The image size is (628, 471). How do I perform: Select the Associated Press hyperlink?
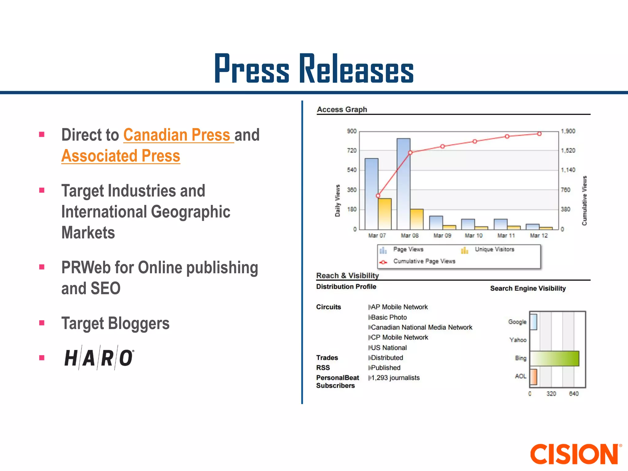pyautogui.click(x=121, y=156)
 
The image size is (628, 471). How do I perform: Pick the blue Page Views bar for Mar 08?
pyautogui.click(x=403, y=184)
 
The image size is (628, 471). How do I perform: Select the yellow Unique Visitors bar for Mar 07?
pyautogui.click(x=385, y=214)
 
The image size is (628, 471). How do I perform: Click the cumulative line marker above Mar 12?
pyautogui.click(x=539, y=134)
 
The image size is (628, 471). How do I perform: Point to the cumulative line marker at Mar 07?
pyautogui.click(x=378, y=196)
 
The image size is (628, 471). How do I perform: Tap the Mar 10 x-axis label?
pyautogui.click(x=473, y=235)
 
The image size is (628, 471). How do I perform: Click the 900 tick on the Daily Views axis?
pyautogui.click(x=351, y=131)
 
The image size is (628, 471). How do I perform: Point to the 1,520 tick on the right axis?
pyautogui.click(x=568, y=151)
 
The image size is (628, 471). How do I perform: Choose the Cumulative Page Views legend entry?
pyautogui.click(x=424, y=261)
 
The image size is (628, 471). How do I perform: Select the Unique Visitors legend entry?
pyautogui.click(x=494, y=250)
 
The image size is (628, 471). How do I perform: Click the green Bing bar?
pyautogui.click(x=554, y=358)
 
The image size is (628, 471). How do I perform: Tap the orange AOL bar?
pyautogui.click(x=533, y=377)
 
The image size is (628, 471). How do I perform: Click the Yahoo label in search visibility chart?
pyautogui.click(x=518, y=340)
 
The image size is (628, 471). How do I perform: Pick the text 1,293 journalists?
pyautogui.click(x=395, y=378)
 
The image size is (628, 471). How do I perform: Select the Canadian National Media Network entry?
pyautogui.click(x=421, y=327)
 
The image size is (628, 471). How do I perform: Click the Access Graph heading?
pyautogui.click(x=342, y=109)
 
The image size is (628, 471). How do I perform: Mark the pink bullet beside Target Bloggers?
pyautogui.click(x=42, y=323)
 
